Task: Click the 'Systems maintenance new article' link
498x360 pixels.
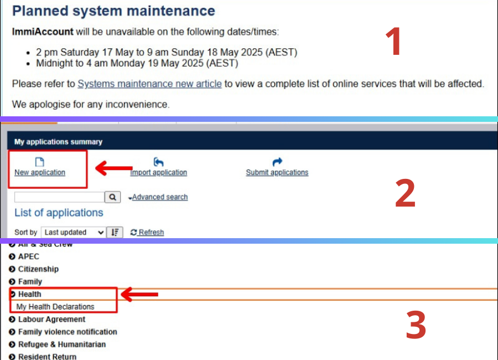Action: click(149, 84)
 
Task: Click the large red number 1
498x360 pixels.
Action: click(393, 42)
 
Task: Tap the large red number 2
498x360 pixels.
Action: click(405, 193)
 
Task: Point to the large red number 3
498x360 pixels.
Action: click(416, 325)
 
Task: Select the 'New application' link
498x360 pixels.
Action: click(40, 172)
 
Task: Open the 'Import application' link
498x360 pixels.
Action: click(158, 172)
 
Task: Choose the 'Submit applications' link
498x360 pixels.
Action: click(277, 172)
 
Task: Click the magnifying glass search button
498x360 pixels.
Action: click(113, 197)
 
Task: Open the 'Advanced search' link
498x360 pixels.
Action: click(160, 197)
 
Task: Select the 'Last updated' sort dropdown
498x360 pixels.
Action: click(74, 233)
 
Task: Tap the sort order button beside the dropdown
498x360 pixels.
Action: click(115, 233)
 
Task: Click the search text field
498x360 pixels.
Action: click(59, 197)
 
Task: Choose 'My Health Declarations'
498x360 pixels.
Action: click(55, 307)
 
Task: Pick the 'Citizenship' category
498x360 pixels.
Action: click(38, 269)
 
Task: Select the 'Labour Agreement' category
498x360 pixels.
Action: click(52, 320)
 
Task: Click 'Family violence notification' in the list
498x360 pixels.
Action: click(68, 332)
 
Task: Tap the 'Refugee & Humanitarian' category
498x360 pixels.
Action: click(62, 344)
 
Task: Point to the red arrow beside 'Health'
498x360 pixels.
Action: click(139, 294)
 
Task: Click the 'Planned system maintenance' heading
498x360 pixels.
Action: click(113, 11)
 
